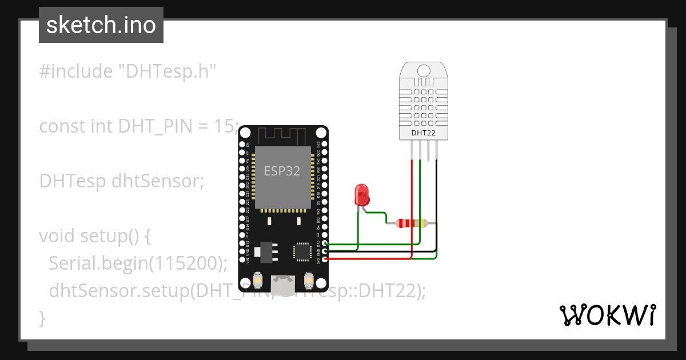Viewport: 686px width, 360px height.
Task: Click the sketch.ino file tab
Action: [x=101, y=25]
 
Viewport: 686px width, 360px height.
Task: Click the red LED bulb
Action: [x=361, y=195]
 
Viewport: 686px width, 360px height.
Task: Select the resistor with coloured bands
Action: [x=406, y=223]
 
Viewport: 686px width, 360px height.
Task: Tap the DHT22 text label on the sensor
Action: [x=423, y=133]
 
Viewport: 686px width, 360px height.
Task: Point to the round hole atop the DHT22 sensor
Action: [x=423, y=70]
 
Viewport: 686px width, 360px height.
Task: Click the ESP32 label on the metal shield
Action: [x=281, y=171]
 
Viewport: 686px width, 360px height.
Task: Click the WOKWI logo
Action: [x=607, y=315]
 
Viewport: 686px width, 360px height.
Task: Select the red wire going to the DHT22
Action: [x=412, y=206]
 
